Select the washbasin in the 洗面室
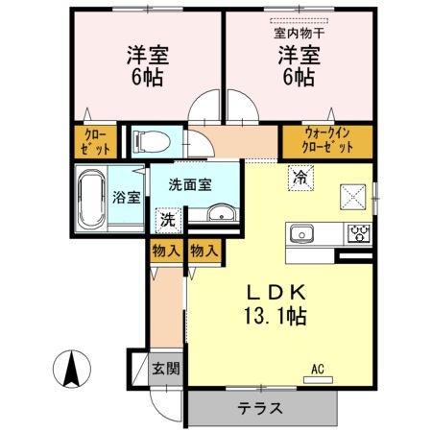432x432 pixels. [223, 214]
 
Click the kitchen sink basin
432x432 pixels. [301, 233]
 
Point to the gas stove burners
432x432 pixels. [359, 233]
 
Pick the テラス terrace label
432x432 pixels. [260, 408]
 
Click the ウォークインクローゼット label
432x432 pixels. [323, 140]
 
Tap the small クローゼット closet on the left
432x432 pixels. [96, 141]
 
